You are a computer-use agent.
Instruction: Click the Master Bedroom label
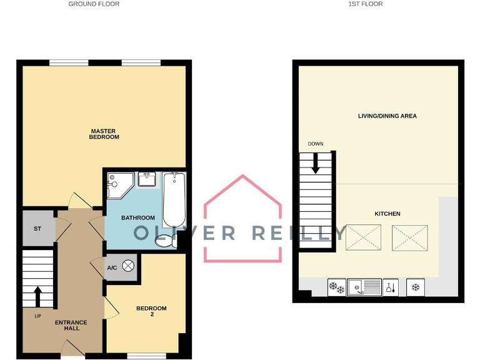[x=104, y=134]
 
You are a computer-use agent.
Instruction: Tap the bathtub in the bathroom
[x=174, y=201]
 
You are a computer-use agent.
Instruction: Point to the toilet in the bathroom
[x=166, y=239]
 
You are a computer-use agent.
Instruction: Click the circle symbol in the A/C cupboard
[x=129, y=266]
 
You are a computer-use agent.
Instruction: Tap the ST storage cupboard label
[x=37, y=229]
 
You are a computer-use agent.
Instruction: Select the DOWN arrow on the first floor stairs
[x=315, y=164]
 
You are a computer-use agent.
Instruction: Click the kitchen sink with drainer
[x=364, y=287]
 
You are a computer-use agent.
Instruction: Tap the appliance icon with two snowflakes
[x=337, y=287]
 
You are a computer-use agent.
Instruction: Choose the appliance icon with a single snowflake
[x=416, y=287]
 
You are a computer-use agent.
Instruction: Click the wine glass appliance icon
[x=390, y=287]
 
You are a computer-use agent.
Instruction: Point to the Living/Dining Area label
[x=387, y=116]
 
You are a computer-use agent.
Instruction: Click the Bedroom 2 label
[x=152, y=311]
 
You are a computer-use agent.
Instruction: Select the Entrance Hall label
[x=71, y=326]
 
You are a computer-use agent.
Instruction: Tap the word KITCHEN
[x=387, y=214]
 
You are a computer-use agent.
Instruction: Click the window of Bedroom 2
[x=146, y=356]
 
